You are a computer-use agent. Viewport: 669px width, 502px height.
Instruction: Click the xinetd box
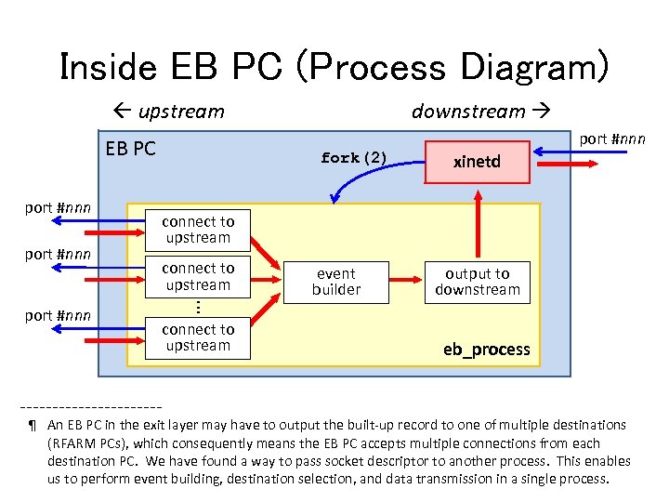pyautogui.click(x=477, y=162)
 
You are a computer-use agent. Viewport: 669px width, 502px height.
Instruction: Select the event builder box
pyautogui.click(x=336, y=282)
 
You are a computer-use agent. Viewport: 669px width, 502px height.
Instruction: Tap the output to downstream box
pyautogui.click(x=477, y=282)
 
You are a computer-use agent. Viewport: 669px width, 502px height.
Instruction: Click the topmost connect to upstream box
pyautogui.click(x=198, y=230)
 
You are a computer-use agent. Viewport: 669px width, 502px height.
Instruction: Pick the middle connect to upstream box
pyautogui.click(x=198, y=277)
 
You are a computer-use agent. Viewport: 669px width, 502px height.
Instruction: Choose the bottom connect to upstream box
pyautogui.click(x=198, y=337)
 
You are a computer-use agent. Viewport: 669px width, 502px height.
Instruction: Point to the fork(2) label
pyautogui.click(x=353, y=158)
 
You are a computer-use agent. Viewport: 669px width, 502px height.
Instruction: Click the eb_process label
pyautogui.click(x=486, y=350)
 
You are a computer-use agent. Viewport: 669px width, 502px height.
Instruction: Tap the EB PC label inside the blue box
pyautogui.click(x=131, y=149)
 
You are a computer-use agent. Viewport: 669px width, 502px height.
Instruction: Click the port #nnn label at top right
pyautogui.click(x=611, y=139)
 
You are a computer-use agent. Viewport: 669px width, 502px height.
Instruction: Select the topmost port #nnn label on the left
pyautogui.click(x=58, y=207)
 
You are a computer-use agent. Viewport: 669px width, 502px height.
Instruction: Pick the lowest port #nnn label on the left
pyautogui.click(x=58, y=315)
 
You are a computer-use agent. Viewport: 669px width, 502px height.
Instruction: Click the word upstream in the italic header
pyautogui.click(x=181, y=112)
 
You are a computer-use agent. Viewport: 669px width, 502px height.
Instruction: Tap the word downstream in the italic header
pyautogui.click(x=468, y=112)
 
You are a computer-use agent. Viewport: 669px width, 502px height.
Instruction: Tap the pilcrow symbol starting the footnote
pyautogui.click(x=33, y=426)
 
